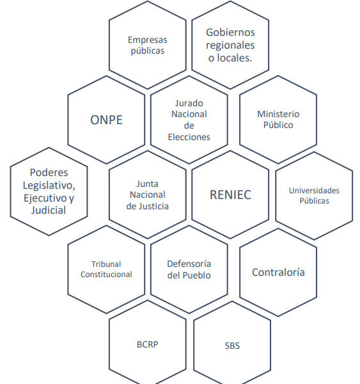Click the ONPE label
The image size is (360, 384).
click(x=106, y=120)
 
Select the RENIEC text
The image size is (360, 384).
click(x=231, y=195)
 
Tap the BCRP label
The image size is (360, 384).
click(x=148, y=344)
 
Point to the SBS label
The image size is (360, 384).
click(x=232, y=346)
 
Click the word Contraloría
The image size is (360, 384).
click(x=278, y=273)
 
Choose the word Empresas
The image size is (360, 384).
click(x=148, y=40)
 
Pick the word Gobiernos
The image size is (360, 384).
click(x=231, y=33)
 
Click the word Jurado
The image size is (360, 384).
click(x=189, y=103)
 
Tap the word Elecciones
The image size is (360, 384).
click(x=189, y=137)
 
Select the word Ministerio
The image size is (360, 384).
click(x=278, y=114)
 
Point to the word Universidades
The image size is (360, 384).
click(x=314, y=191)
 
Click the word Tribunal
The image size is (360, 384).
click(x=106, y=264)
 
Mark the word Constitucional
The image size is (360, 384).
click(x=106, y=275)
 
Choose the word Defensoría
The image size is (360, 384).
click(x=189, y=264)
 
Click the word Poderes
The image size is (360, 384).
click(x=49, y=173)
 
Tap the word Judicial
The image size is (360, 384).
click(x=49, y=211)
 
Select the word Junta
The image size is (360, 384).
click(x=147, y=184)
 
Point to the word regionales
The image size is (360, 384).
click(x=231, y=45)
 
